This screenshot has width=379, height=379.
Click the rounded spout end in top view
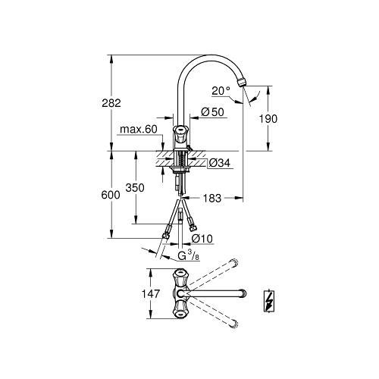click(242, 293)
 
